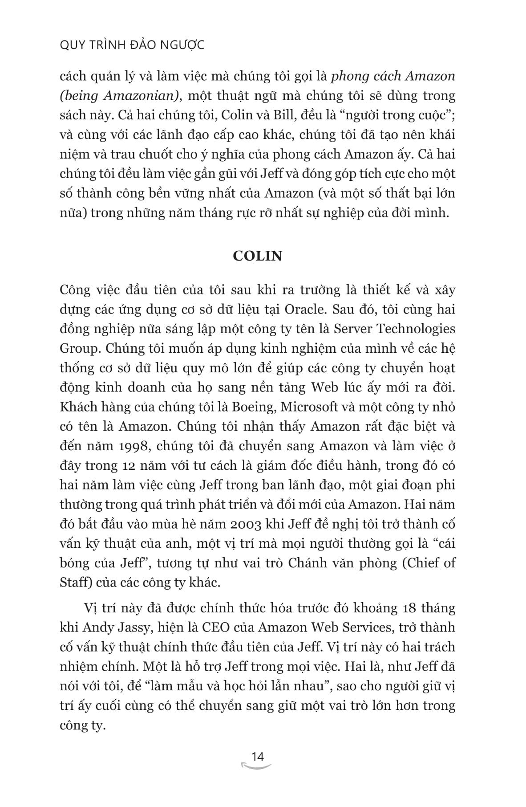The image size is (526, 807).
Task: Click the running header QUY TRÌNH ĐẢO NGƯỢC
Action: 132,45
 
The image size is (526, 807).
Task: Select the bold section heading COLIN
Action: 258,257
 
